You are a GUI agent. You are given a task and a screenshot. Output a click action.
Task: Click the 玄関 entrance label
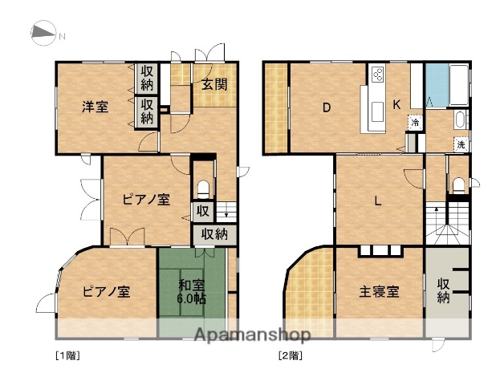pyautogui.click(x=213, y=84)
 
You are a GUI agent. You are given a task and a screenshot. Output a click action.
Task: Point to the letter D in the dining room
pyautogui.click(x=327, y=107)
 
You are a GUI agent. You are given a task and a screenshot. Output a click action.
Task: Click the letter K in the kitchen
pyautogui.click(x=397, y=105)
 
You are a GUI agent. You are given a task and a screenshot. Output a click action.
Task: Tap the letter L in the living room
pyautogui.click(x=377, y=201)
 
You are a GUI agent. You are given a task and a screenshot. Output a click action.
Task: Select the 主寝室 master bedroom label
pyautogui.click(x=379, y=291)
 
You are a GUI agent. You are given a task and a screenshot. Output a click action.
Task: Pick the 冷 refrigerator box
pyautogui.click(x=415, y=123)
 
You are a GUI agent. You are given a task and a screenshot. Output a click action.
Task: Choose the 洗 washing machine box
pyautogui.click(x=461, y=144)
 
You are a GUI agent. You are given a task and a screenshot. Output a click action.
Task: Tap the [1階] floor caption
pyautogui.click(x=67, y=354)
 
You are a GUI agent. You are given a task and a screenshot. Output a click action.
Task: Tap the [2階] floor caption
pyautogui.click(x=290, y=354)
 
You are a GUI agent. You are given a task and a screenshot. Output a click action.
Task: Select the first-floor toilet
pyautogui.click(x=204, y=187)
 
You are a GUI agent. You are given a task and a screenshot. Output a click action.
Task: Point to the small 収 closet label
pyautogui.click(x=203, y=213)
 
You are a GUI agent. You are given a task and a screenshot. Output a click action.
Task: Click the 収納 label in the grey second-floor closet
pyautogui.click(x=444, y=290)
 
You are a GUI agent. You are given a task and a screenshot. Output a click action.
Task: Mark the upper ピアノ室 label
pyautogui.click(x=145, y=200)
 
